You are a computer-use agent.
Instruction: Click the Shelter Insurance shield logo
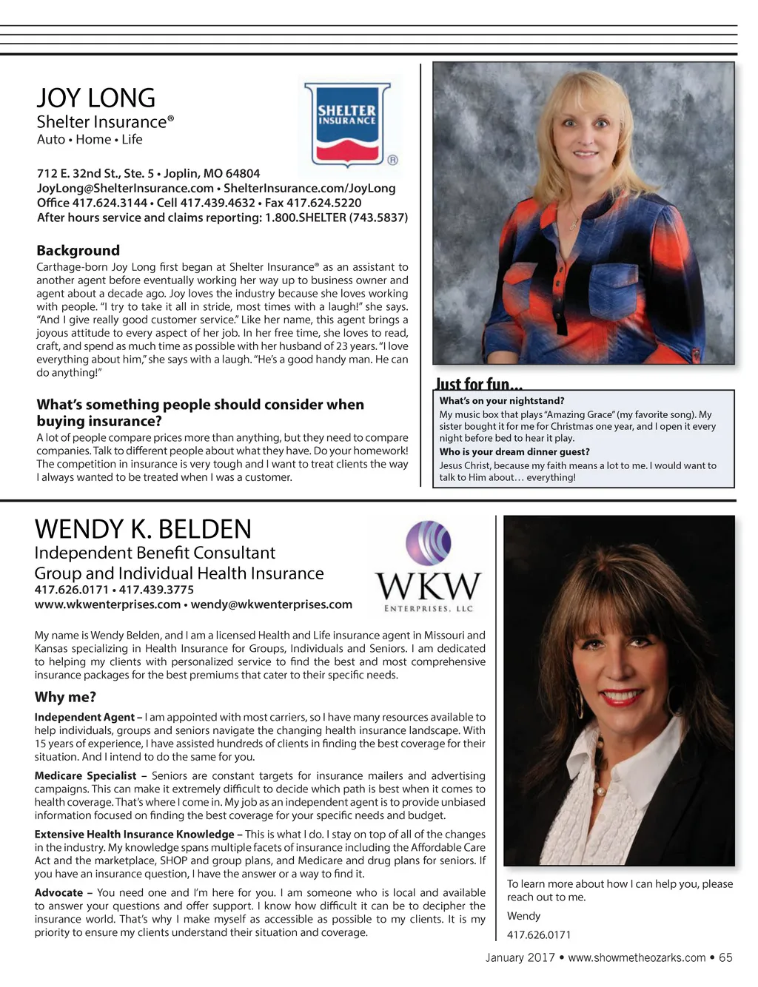point(347,125)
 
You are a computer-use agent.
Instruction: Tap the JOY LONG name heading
point(96,98)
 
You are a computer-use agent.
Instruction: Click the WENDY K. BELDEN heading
point(143,529)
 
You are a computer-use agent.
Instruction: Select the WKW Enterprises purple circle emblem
point(429,544)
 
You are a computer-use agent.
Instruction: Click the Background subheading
point(78,251)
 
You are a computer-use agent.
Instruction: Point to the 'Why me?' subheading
point(65,697)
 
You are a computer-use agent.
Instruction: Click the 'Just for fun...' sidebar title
point(479,384)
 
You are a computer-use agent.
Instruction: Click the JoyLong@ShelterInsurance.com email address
point(125,189)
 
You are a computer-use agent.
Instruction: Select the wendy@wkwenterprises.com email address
point(271,604)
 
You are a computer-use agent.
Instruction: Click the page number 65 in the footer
point(725,957)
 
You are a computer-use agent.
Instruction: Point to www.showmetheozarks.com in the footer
point(637,957)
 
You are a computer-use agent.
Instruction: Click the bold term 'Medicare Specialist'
point(85,776)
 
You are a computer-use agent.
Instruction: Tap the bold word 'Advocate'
point(58,893)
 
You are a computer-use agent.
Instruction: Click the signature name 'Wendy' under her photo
point(523,916)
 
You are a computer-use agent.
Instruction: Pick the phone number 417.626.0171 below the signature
point(539,935)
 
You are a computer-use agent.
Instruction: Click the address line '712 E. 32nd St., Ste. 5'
point(95,174)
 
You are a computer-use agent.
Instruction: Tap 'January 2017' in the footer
point(520,957)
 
